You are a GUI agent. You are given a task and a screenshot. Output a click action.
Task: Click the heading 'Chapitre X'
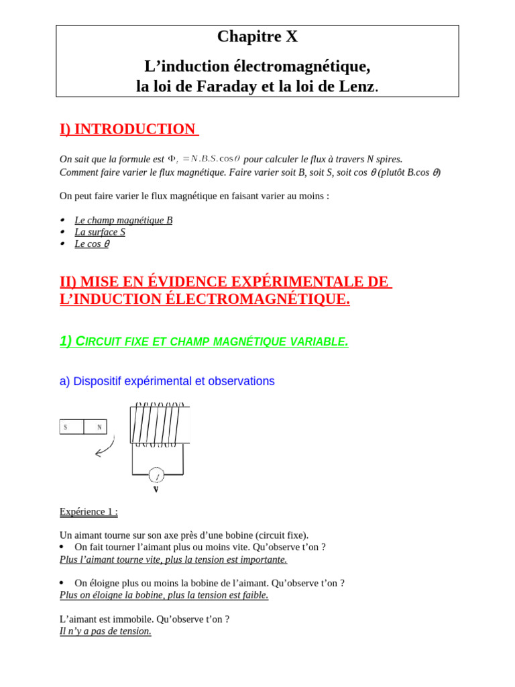pos(257,37)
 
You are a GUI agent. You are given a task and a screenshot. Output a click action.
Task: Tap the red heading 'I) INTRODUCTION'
pos(127,129)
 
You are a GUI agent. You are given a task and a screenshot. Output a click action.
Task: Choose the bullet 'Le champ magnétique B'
pos(123,220)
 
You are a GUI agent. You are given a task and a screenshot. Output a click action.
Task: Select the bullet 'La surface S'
pos(100,232)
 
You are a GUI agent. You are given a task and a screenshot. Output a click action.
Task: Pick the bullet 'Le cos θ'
pos(92,244)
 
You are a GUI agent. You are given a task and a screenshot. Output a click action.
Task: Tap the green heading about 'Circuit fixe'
pos(204,341)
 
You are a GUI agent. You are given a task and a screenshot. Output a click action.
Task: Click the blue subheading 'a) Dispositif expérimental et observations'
pos(167,381)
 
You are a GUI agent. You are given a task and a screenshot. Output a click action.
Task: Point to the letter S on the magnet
pos(66,427)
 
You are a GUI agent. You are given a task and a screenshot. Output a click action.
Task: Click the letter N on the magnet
pos(99,427)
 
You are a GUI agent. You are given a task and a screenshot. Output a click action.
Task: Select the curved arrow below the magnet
pos(105,447)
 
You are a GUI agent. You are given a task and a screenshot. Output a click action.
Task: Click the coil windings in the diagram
pos(159,425)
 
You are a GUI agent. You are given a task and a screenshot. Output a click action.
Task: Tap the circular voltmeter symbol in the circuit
pos(156,476)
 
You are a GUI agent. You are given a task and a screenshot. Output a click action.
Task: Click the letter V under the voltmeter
pos(156,490)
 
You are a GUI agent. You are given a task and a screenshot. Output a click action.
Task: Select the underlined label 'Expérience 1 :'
pos(89,512)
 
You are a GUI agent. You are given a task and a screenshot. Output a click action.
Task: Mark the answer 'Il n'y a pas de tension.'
pos(105,631)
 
